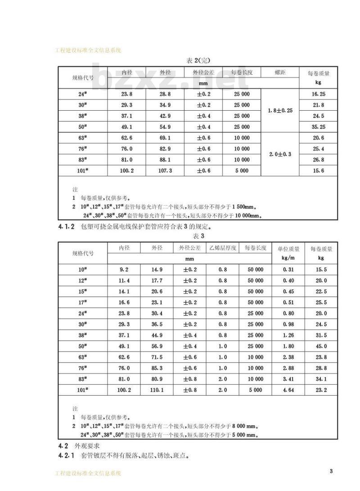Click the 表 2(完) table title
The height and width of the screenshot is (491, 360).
click(198, 60)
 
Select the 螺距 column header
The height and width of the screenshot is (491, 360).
click(280, 72)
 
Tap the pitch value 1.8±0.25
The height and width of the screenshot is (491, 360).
click(280, 110)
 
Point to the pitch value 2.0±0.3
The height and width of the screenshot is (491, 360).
click(280, 154)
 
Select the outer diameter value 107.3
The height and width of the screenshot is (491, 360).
click(164, 171)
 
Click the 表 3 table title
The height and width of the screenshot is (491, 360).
click(198, 236)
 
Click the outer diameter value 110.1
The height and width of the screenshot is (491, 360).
click(157, 390)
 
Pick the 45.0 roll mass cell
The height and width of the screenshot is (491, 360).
click(321, 346)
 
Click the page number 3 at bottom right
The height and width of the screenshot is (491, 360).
click(331, 471)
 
